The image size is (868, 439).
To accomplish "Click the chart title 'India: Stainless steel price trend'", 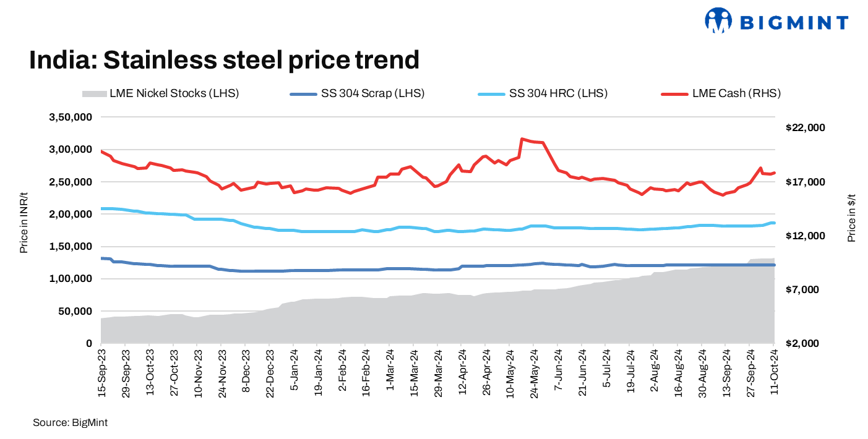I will click(x=224, y=60).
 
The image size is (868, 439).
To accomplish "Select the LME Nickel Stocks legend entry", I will click(x=160, y=94).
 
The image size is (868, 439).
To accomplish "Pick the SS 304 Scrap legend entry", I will click(x=357, y=94).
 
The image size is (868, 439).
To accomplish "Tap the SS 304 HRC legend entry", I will click(x=543, y=94).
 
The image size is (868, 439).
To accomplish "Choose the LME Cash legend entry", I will click(x=721, y=94).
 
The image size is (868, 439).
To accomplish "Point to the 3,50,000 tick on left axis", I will click(x=71, y=117).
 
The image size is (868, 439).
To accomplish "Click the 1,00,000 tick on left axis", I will click(x=71, y=279).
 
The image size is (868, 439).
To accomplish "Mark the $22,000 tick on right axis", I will click(x=805, y=128).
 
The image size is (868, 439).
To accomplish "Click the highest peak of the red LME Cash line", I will click(x=522, y=139).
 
